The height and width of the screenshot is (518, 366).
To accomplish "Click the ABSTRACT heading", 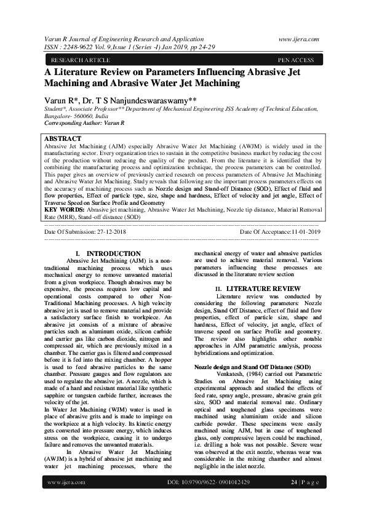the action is pos(63,139).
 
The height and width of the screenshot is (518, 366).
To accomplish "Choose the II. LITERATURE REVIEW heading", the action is pos(249,289).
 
